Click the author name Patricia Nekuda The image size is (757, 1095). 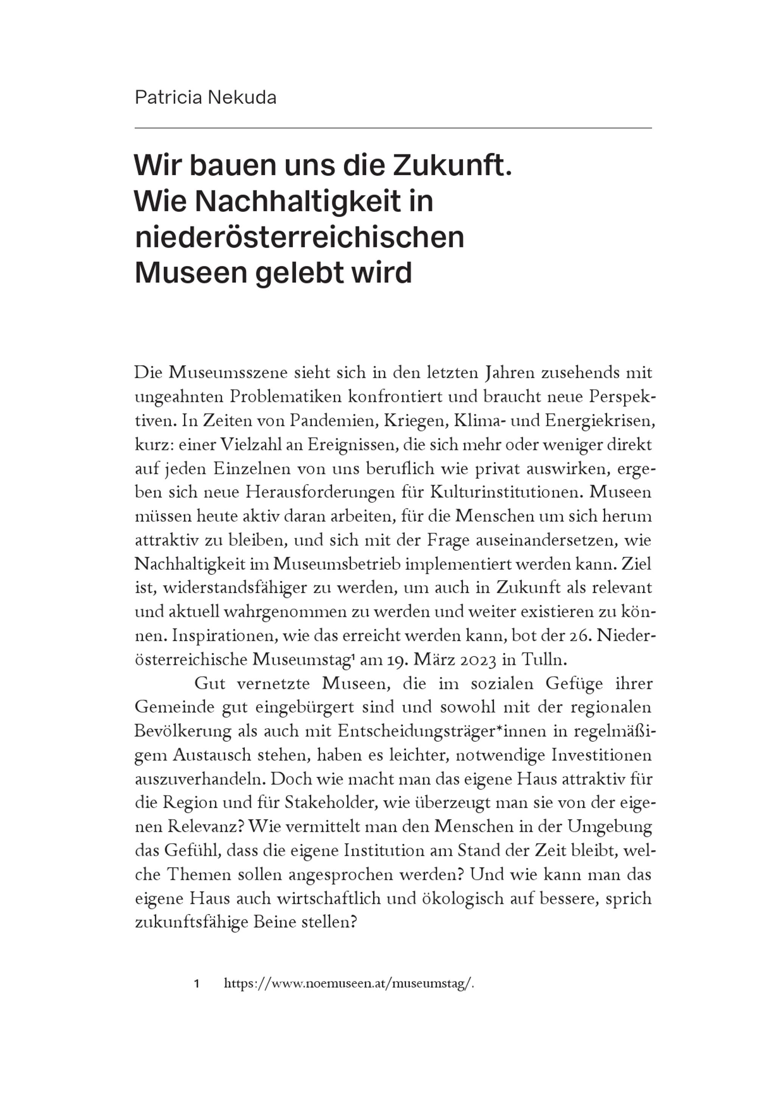pos(206,98)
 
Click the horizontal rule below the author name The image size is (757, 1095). pos(393,128)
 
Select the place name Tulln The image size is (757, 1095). pos(543,660)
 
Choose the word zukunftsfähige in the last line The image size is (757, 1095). pos(192,922)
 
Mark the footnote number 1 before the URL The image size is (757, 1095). pos(196,984)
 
